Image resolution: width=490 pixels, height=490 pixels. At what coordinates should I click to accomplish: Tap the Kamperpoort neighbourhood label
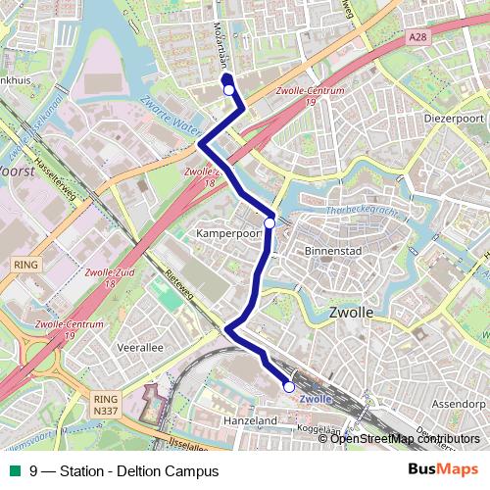[x=226, y=235]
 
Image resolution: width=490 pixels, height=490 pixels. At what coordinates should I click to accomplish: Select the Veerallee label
[x=140, y=347]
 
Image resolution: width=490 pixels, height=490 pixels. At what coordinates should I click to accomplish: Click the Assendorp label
[x=458, y=403]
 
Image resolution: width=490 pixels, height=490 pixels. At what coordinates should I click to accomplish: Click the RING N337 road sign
[x=104, y=405]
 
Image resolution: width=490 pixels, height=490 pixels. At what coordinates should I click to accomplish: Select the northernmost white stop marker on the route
[x=228, y=90]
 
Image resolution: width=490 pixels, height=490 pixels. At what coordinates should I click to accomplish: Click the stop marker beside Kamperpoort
[x=269, y=222]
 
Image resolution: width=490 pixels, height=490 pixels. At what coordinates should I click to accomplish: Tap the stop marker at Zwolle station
[x=289, y=388]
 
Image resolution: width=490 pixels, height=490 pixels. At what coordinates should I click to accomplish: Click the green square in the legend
[x=14, y=470]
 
